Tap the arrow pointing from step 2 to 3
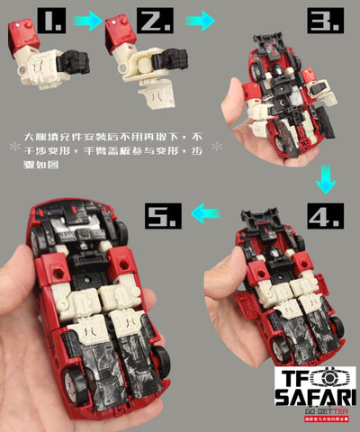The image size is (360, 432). [206, 20]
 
